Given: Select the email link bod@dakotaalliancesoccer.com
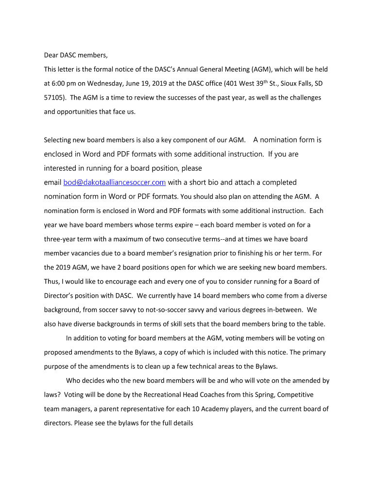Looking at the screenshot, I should [x=115, y=182].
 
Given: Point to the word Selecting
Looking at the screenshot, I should [x=58, y=140].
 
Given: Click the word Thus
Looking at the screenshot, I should [x=52, y=281].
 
